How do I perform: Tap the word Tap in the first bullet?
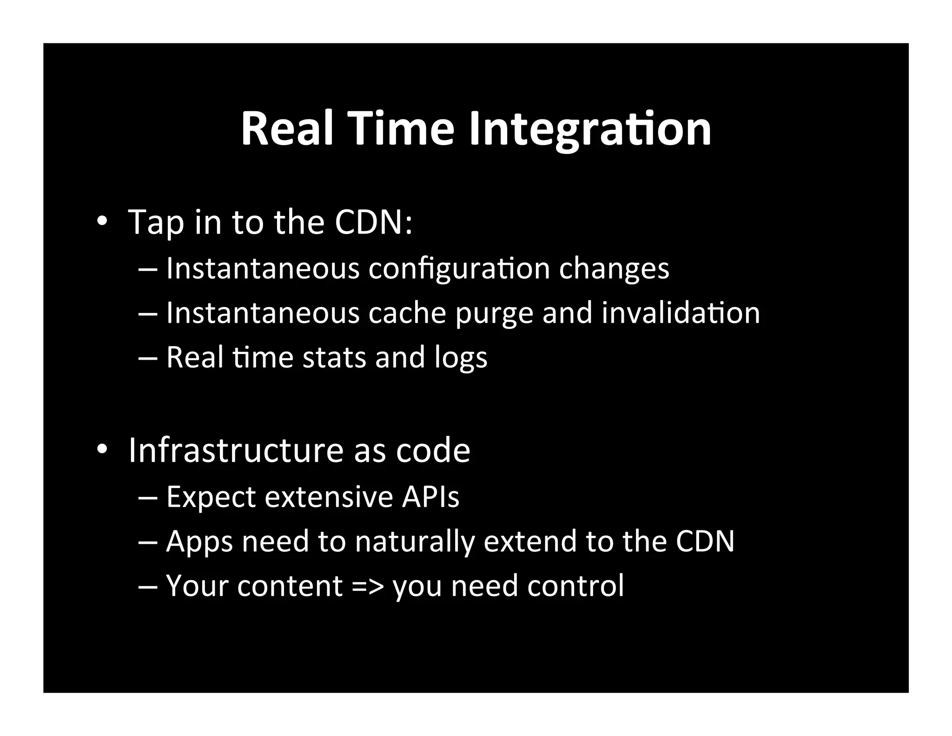[156, 222]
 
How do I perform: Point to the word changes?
[614, 269]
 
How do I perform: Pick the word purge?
[494, 314]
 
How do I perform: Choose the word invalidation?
[681, 313]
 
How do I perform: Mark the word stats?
[334, 357]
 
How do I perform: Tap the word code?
[433, 450]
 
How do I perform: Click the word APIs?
[430, 497]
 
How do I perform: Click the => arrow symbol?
[368, 586]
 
